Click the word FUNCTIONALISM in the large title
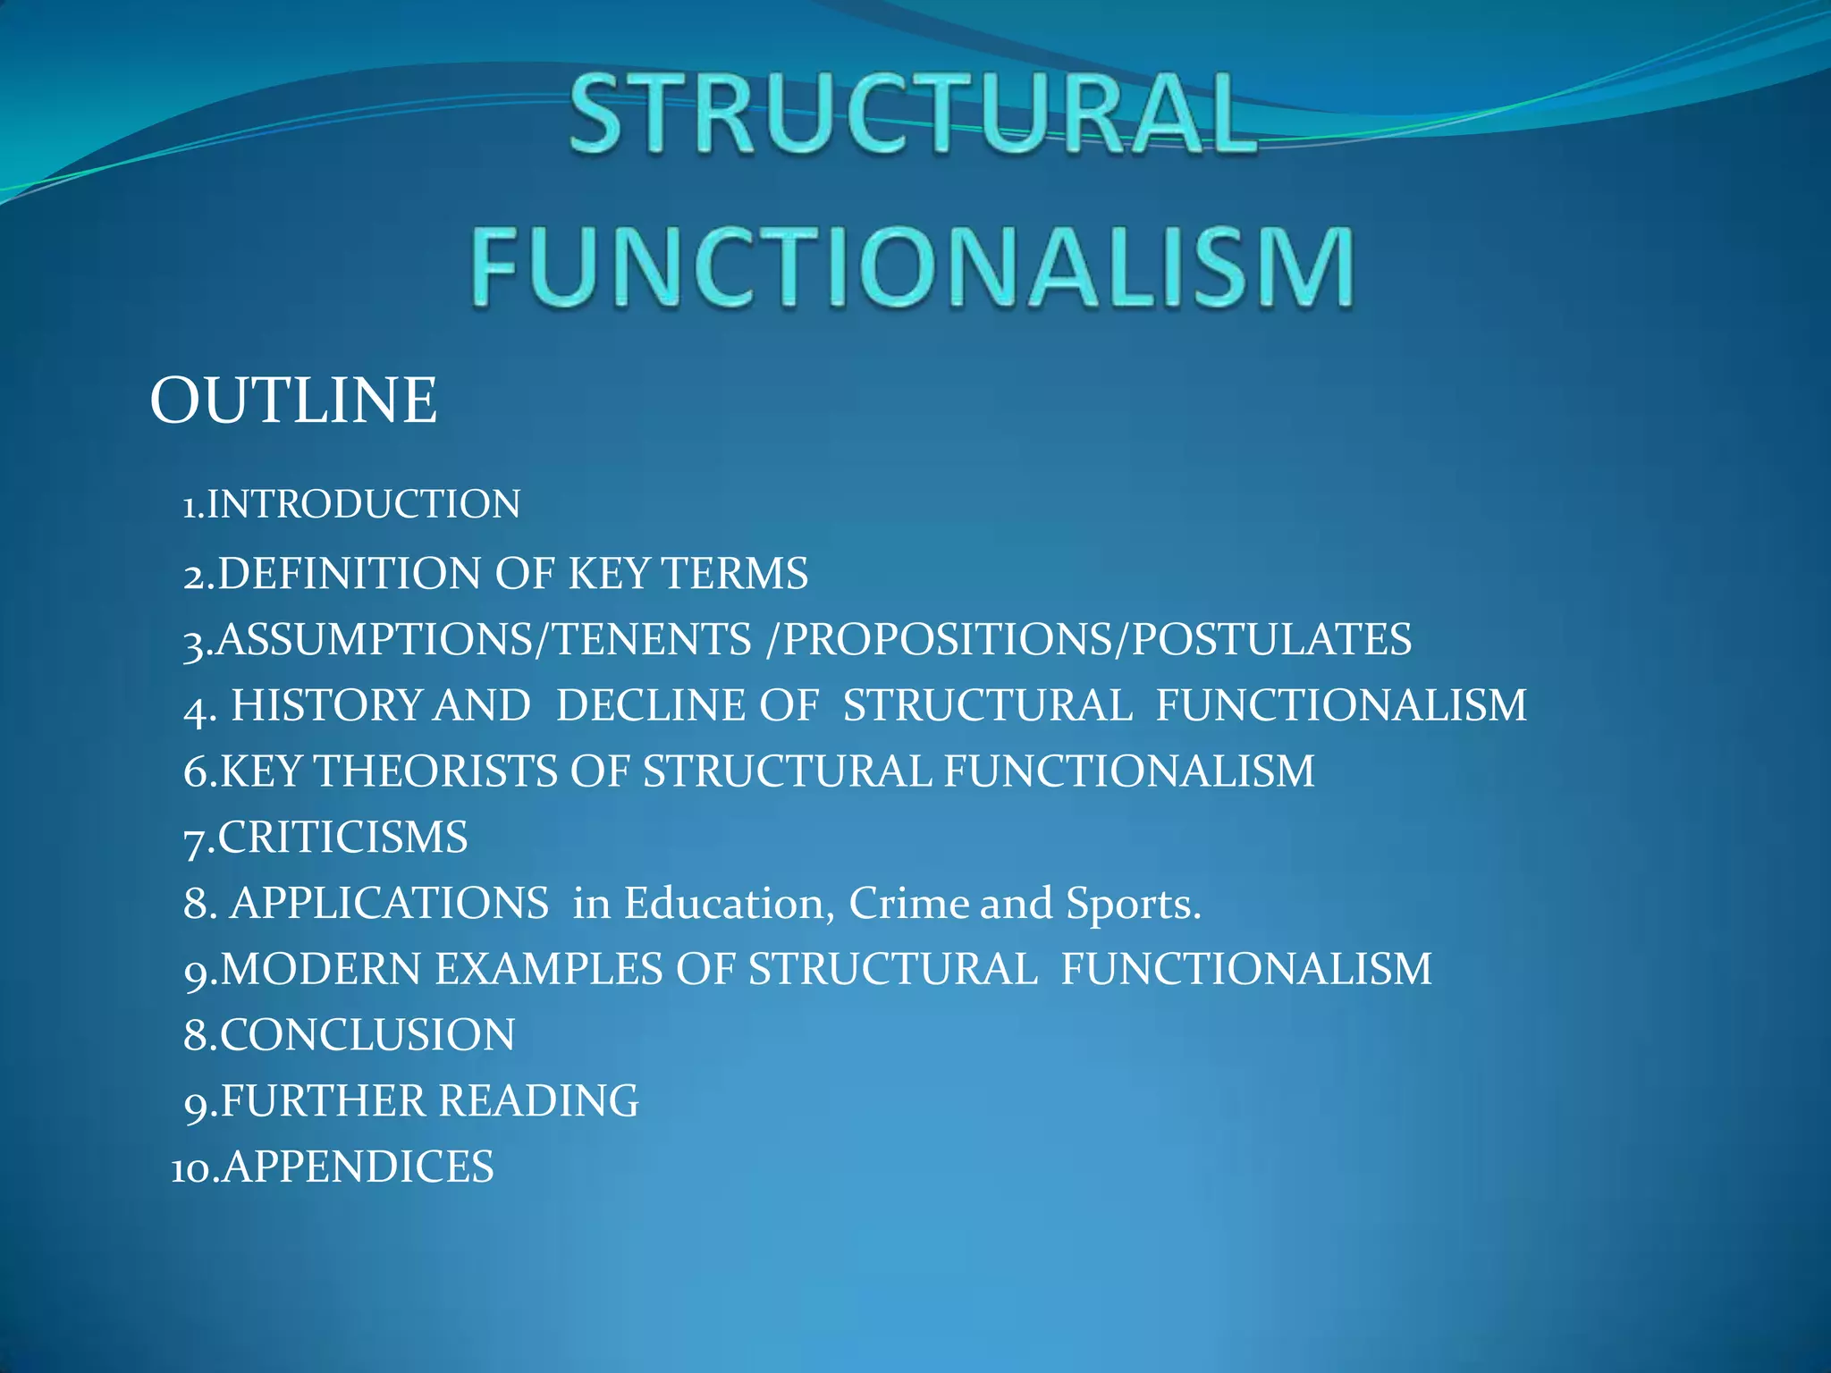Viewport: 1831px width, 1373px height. [912, 266]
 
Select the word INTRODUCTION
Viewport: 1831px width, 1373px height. [363, 504]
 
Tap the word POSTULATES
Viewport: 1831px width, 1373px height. [1272, 639]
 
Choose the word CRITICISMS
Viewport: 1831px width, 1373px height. [342, 838]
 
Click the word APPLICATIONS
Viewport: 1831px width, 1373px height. [390, 903]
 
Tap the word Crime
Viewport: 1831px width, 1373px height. [908, 903]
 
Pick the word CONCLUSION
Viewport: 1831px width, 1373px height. [367, 1035]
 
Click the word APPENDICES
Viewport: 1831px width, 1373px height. [358, 1167]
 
